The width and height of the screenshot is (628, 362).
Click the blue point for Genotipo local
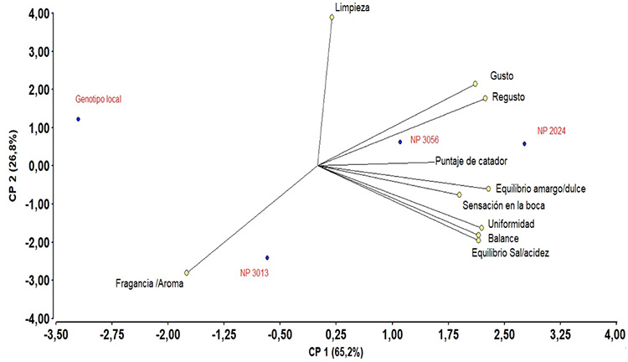(x=79, y=119)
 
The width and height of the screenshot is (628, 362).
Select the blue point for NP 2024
(x=524, y=143)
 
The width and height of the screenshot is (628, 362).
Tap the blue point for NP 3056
(x=400, y=142)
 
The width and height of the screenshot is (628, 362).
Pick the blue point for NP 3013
(x=267, y=257)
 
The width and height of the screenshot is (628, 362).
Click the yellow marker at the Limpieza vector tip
(x=332, y=17)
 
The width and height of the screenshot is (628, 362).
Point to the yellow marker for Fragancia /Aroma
(x=187, y=272)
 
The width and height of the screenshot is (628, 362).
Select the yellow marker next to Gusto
(x=475, y=84)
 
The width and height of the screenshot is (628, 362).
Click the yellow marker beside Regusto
(x=485, y=98)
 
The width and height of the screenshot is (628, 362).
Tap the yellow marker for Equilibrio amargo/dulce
(x=489, y=189)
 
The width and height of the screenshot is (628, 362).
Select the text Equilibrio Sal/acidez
(x=511, y=253)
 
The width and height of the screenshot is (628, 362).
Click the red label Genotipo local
(x=98, y=99)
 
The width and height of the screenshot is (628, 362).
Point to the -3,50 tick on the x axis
(x=56, y=334)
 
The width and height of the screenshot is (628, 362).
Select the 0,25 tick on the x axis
(x=335, y=334)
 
